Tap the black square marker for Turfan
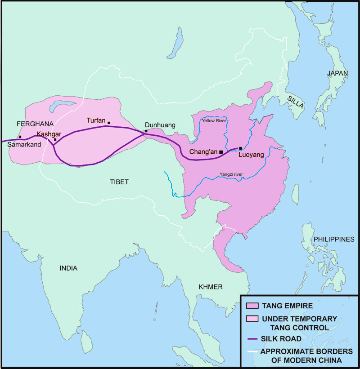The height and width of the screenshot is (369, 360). coord(108,123)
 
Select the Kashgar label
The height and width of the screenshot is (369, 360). coord(49,134)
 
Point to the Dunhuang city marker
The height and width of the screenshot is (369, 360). coord(146,131)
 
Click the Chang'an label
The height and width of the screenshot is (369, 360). coord(203,152)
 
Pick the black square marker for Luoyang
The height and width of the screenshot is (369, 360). coord(240,148)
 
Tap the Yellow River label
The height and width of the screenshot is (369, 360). coord(214,121)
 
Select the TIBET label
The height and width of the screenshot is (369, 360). coord(119,182)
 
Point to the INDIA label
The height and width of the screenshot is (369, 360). coord(68,268)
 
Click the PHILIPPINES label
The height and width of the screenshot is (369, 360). coord(334,239)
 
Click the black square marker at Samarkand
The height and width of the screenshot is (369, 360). coord(20,137)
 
